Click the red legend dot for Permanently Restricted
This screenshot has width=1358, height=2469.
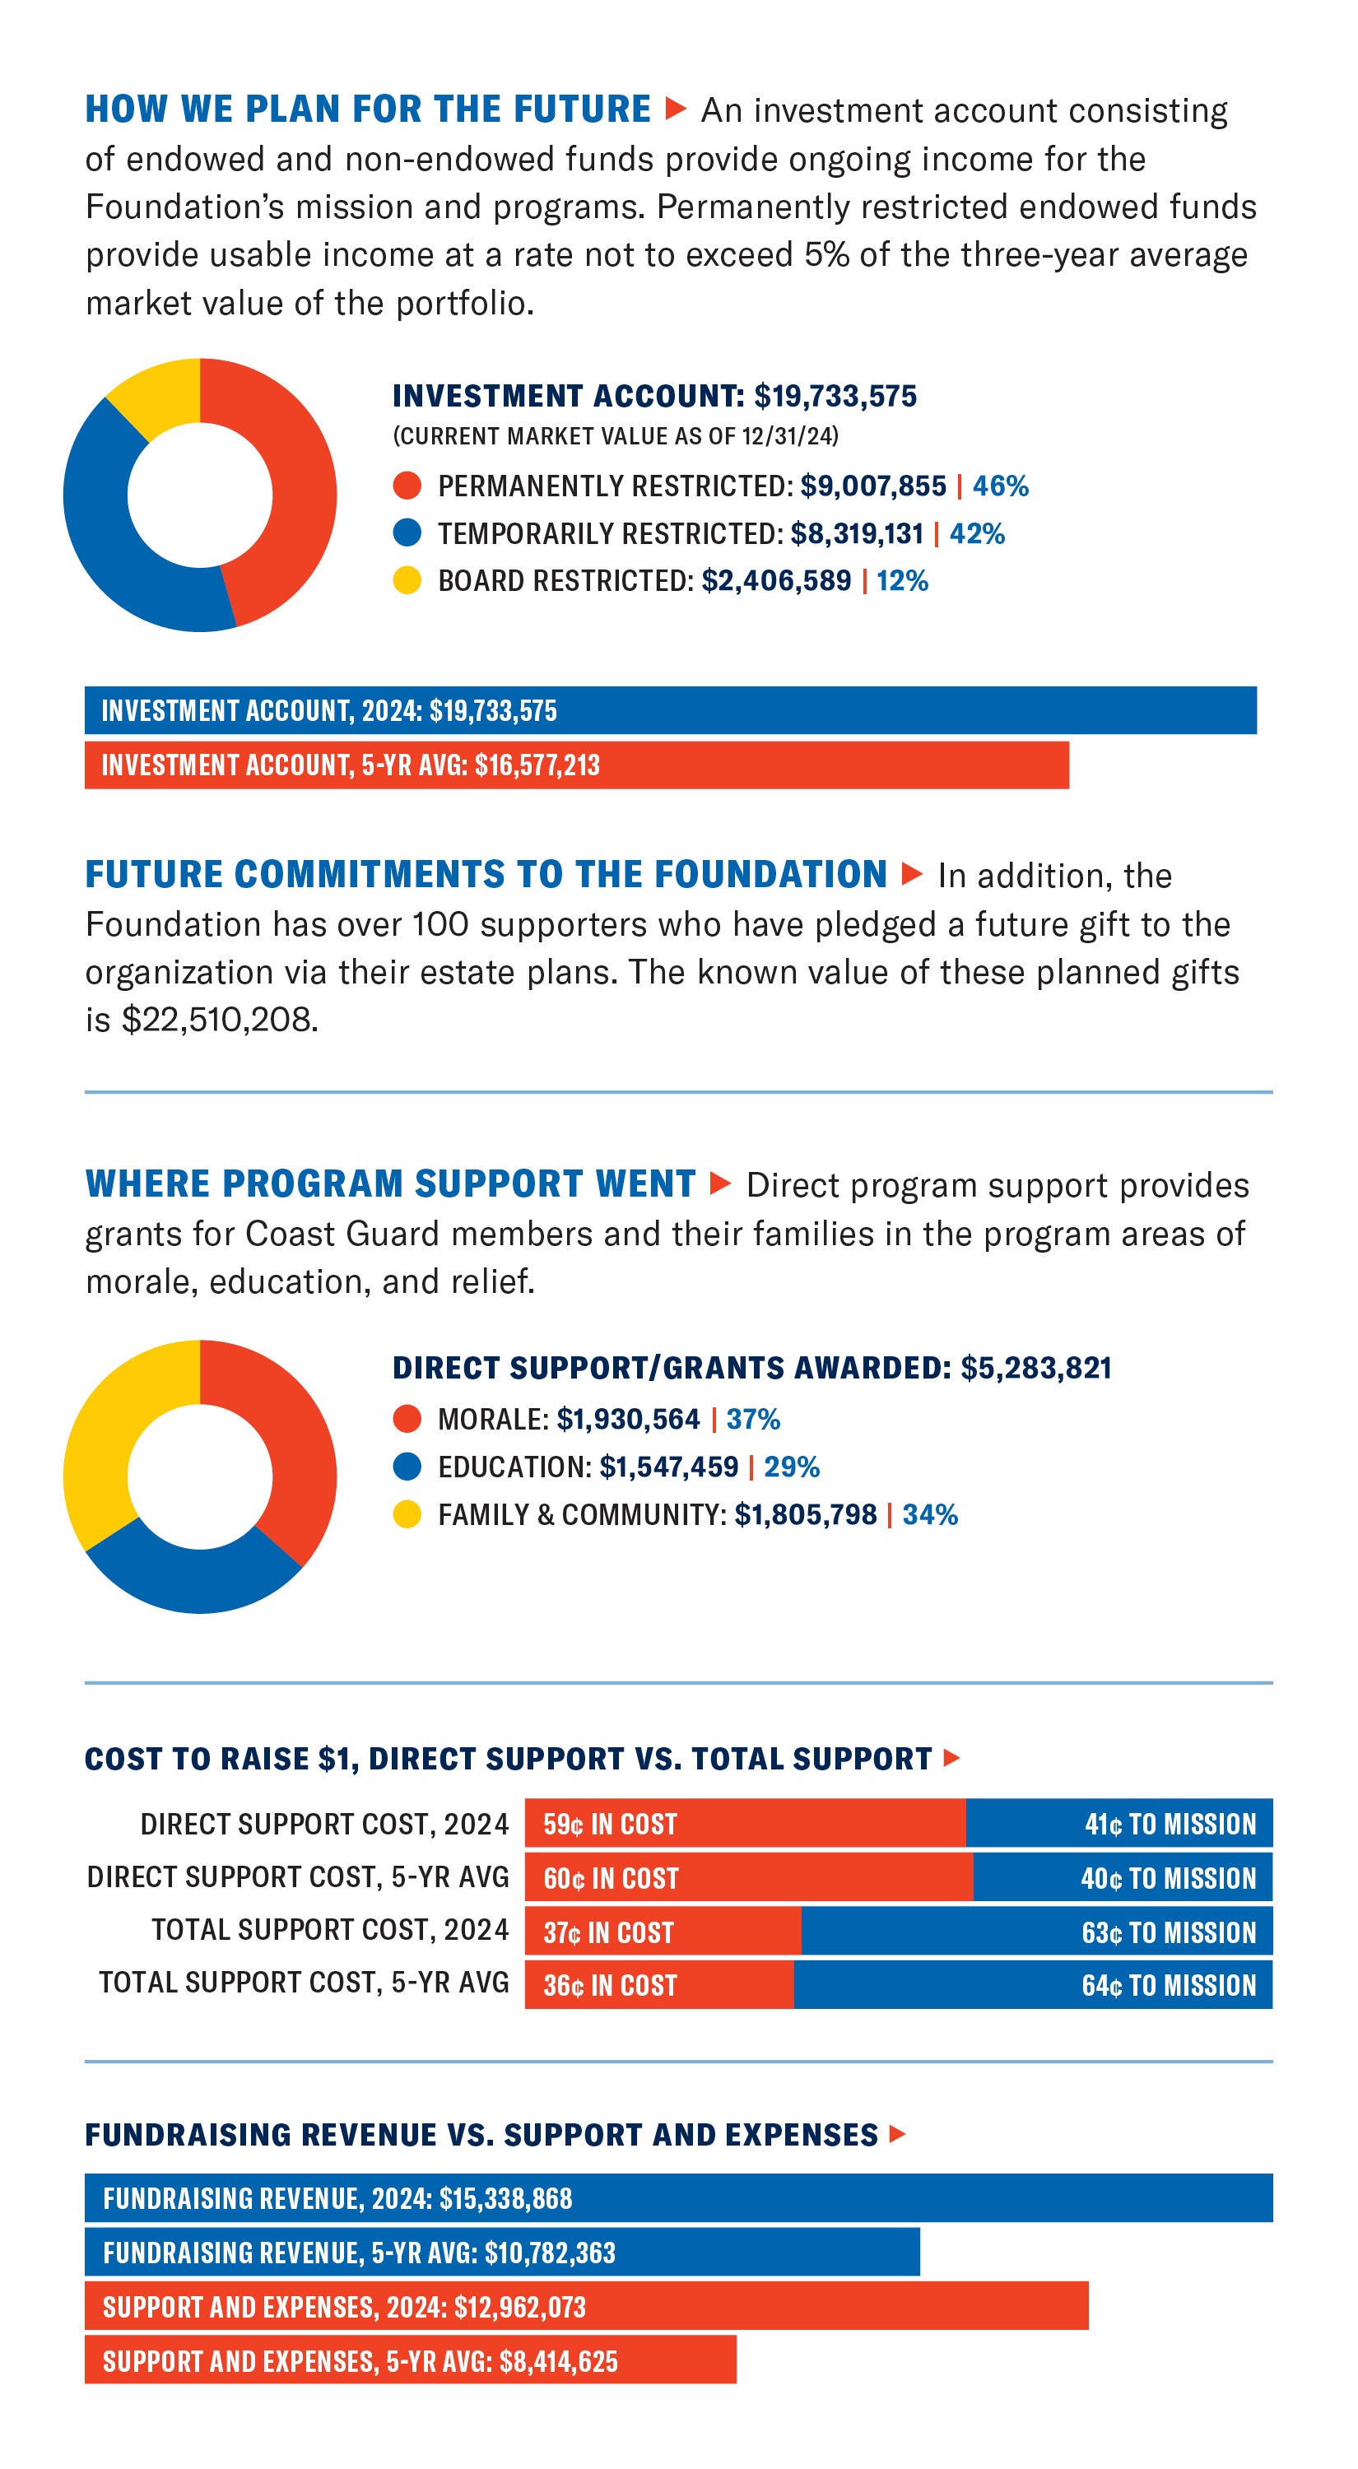pyautogui.click(x=407, y=486)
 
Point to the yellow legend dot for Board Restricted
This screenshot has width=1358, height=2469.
pyautogui.click(x=407, y=581)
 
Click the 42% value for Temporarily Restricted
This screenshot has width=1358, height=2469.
pyautogui.click(x=977, y=534)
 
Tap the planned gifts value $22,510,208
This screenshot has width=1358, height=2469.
pyautogui.click(x=220, y=1020)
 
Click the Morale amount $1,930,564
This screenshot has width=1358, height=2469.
pyautogui.click(x=629, y=1420)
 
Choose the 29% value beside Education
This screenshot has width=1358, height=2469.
pyautogui.click(x=792, y=1467)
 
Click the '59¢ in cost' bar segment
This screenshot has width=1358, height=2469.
pyautogui.click(x=745, y=1823)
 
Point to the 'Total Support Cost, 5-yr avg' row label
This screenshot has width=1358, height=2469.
pyautogui.click(x=304, y=1982)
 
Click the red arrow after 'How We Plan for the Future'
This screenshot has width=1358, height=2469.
pyautogui.click(x=676, y=109)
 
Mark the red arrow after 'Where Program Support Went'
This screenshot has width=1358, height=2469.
pyautogui.click(x=721, y=1183)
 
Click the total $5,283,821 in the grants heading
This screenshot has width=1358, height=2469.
pyautogui.click(x=1036, y=1368)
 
